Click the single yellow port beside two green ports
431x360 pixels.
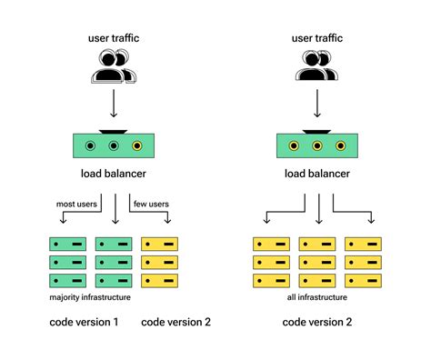[x=136, y=145]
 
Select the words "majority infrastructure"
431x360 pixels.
[x=89, y=298]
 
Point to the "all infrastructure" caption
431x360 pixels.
[x=318, y=298]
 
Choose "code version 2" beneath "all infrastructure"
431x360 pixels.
[x=318, y=322]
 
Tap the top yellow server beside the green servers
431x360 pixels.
[x=159, y=245]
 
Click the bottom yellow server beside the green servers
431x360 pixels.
[x=159, y=281]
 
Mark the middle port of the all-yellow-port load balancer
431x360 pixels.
[x=318, y=145]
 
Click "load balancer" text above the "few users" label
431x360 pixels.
[x=115, y=173]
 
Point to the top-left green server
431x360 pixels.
[x=66, y=245]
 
